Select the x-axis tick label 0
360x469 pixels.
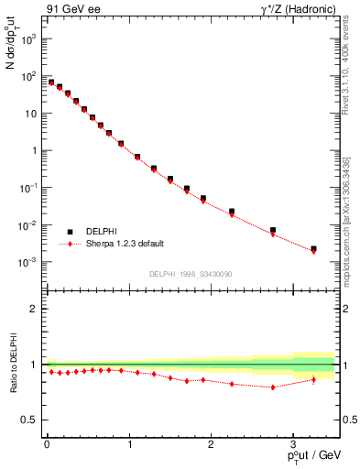click(47, 444)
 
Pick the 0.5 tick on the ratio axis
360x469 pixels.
click(31, 420)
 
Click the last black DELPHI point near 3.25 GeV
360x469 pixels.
click(313, 248)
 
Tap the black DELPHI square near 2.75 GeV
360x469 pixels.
click(272, 230)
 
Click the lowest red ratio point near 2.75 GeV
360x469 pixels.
click(272, 387)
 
